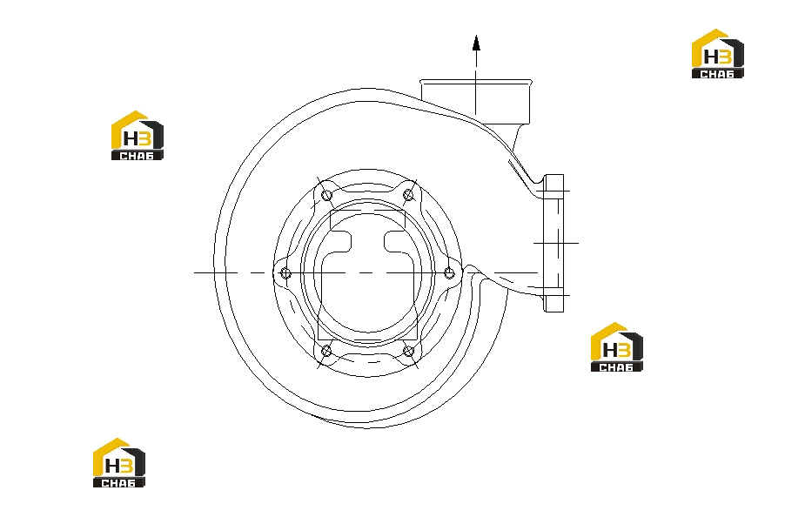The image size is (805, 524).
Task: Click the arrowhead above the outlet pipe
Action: [476, 44]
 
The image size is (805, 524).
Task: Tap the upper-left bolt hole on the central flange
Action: [326, 195]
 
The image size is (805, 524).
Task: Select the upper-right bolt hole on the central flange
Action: [409, 195]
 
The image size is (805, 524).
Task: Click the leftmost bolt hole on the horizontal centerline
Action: [286, 273]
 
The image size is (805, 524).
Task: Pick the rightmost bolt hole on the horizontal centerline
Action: [449, 272]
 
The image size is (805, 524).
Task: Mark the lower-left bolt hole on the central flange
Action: [326, 351]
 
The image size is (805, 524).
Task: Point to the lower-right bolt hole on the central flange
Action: [409, 352]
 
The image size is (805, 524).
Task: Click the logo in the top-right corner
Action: [718, 53]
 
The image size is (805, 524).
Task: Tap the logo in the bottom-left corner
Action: [119, 462]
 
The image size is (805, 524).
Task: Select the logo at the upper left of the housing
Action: [138, 135]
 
